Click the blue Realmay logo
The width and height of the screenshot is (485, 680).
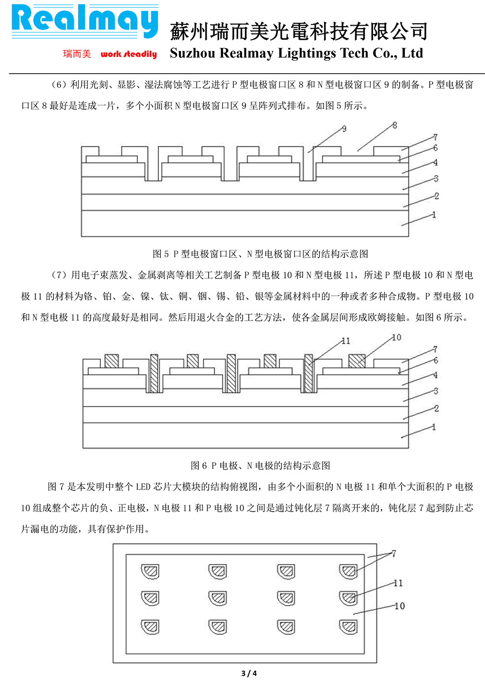point(85,21)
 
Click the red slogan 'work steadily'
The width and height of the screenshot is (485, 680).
point(129,54)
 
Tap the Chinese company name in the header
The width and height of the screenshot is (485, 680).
point(298,31)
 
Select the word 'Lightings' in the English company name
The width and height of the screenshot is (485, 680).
point(307,53)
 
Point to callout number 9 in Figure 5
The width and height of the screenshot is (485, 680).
point(344,129)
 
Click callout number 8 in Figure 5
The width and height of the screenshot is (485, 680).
point(395,125)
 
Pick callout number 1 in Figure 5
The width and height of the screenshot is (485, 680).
point(434,215)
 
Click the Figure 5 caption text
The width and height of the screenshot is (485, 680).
point(260,254)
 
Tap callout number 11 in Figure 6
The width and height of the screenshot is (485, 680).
point(346,341)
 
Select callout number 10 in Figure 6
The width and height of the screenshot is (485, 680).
point(397,337)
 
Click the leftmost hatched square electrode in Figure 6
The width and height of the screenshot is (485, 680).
point(112,361)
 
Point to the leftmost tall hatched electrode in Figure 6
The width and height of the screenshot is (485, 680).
point(154,373)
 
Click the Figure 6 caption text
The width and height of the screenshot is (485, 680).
point(260,465)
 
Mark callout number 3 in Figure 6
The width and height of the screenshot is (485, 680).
point(436,391)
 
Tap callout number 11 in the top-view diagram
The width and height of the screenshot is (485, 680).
point(398,583)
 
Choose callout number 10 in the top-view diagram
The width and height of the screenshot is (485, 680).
point(400,606)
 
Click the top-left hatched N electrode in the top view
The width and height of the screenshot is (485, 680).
point(150,572)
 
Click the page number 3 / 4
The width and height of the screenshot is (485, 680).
point(249,673)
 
